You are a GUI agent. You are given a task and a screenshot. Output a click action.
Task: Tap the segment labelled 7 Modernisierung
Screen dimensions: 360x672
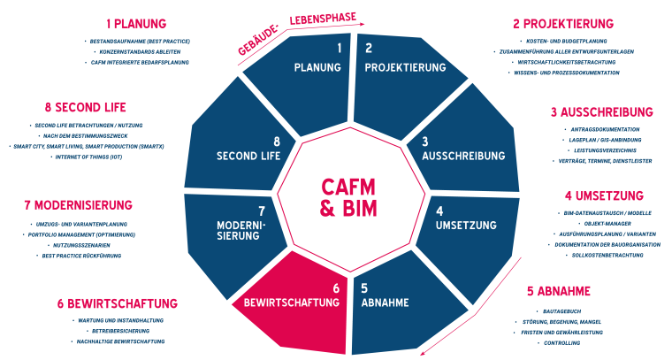click(x=234, y=226)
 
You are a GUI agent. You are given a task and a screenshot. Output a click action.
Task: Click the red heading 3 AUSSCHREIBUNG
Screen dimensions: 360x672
click(x=601, y=112)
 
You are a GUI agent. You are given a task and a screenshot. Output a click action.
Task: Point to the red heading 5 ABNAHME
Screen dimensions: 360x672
click(x=559, y=290)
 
